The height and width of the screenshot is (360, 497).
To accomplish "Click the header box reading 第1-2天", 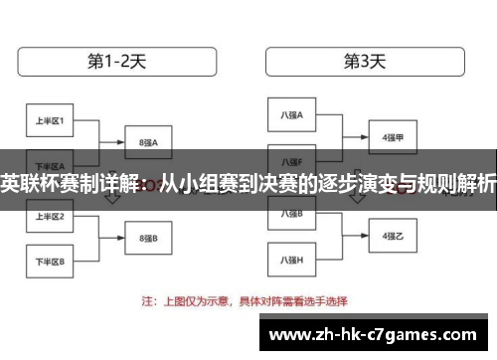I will [x=117, y=62].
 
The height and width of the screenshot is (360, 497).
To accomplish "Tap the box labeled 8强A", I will [x=149, y=142].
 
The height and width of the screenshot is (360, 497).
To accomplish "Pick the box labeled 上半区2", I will [x=50, y=216].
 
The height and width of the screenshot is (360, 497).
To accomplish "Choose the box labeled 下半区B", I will [x=50, y=263].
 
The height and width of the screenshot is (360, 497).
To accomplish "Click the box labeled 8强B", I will [x=149, y=239].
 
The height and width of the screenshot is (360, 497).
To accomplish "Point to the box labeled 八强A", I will [x=291, y=115].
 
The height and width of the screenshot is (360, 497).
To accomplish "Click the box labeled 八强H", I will [x=291, y=260].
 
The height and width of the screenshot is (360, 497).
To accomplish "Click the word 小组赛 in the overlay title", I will [x=209, y=183].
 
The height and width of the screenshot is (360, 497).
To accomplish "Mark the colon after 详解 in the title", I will [x=148, y=183].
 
